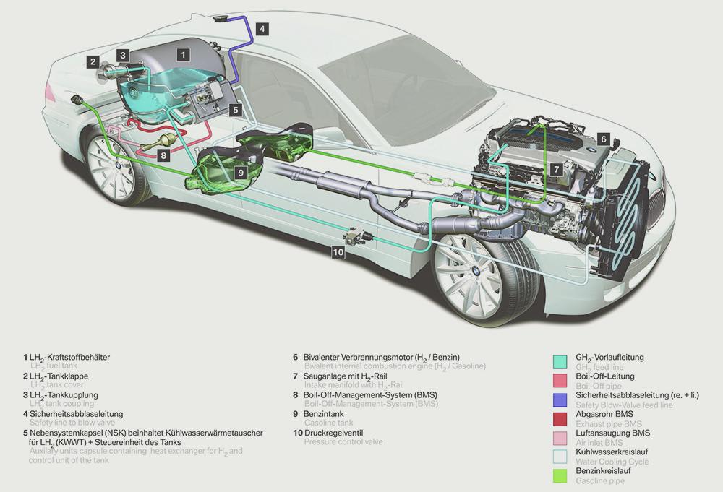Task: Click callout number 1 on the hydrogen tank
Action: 184,53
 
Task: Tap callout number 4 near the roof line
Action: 262,29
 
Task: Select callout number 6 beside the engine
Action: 604,138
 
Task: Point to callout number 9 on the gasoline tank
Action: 241,171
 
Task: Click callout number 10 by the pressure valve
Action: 338,251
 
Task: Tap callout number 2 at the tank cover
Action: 93,62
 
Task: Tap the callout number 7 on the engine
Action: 555,168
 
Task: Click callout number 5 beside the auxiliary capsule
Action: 236,110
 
